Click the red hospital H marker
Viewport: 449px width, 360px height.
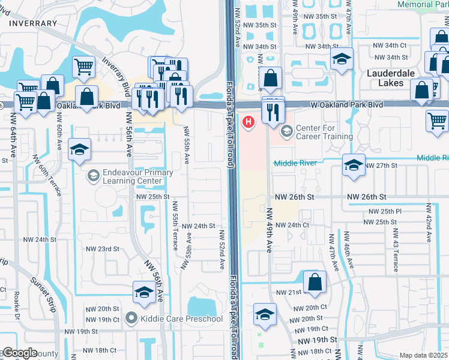pyautogui.click(x=247, y=122)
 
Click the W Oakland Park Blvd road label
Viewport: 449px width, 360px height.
pyautogui.click(x=346, y=104)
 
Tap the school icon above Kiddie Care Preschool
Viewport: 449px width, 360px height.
pyautogui.click(x=143, y=292)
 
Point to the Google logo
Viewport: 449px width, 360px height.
pyautogui.click(x=20, y=353)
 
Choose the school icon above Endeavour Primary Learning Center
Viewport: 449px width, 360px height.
pyautogui.click(x=79, y=151)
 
